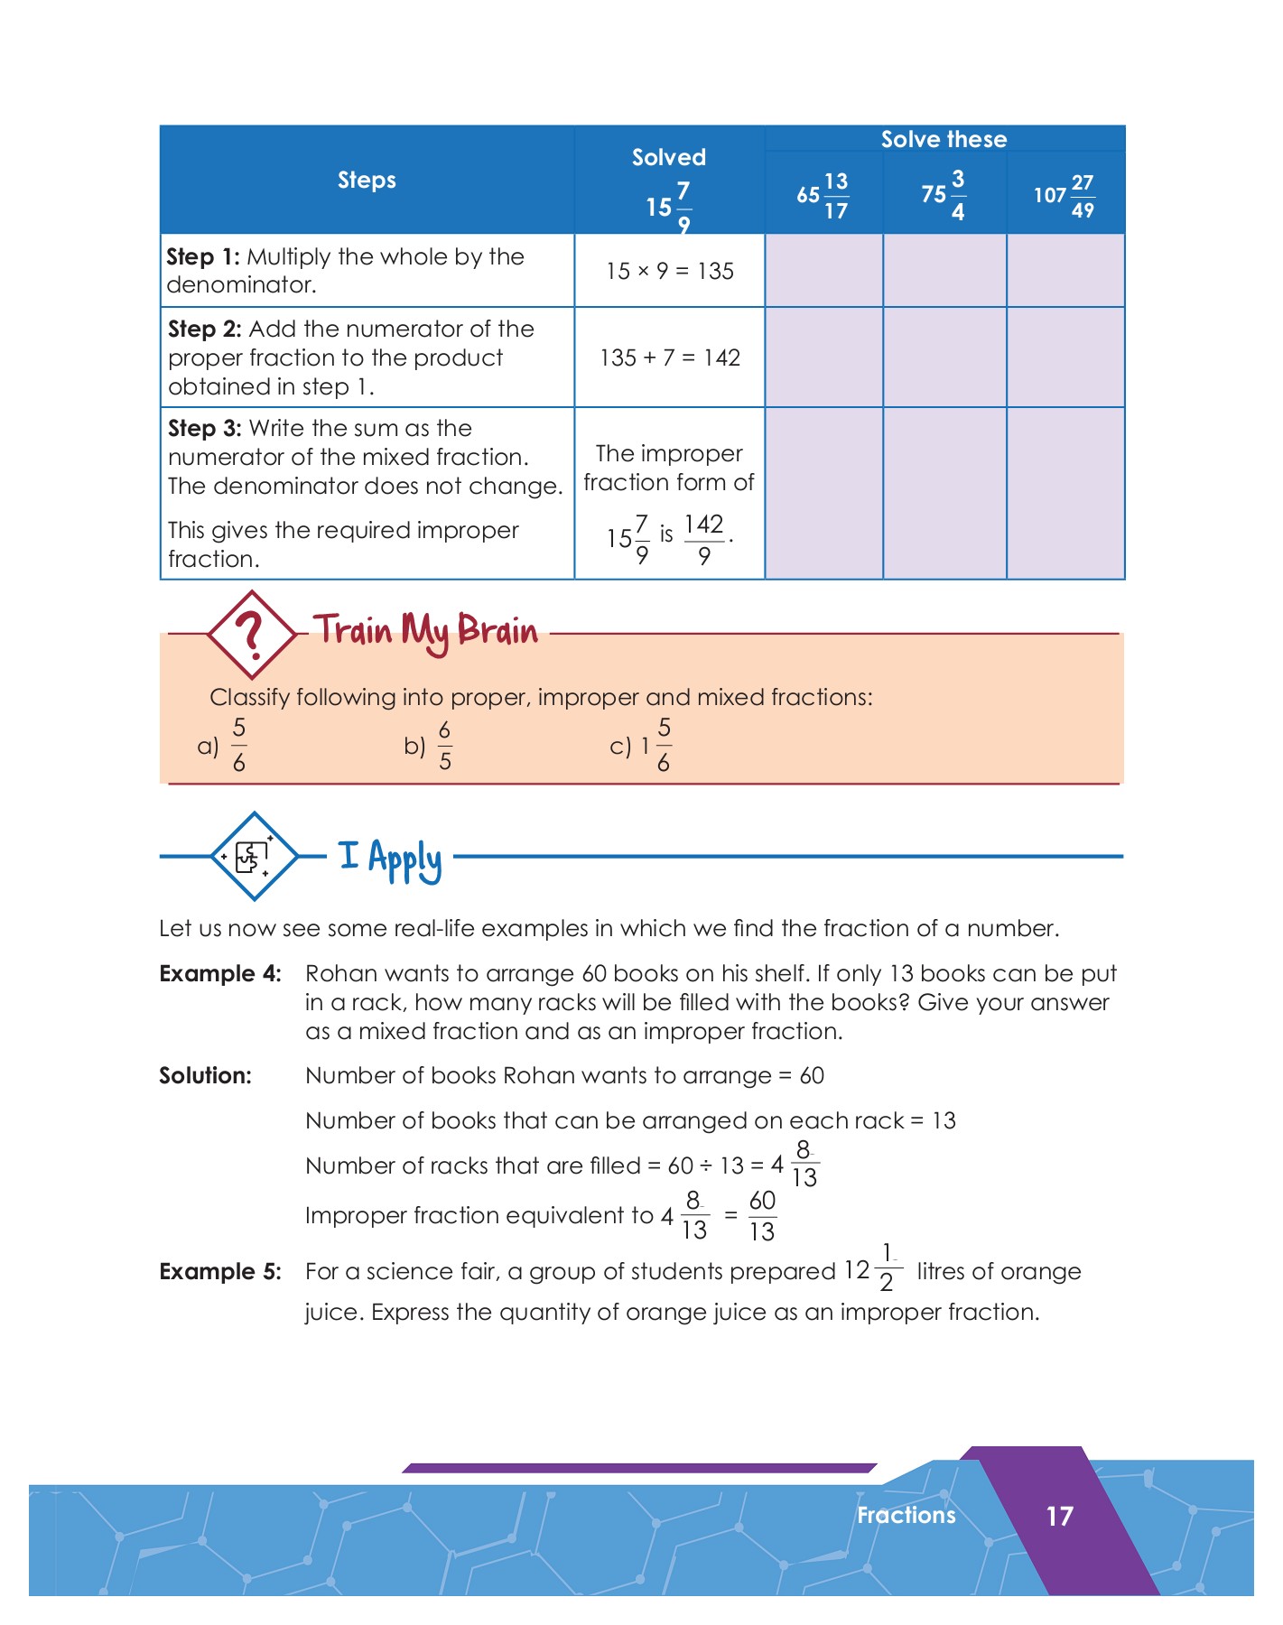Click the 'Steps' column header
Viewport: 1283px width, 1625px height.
[x=367, y=180]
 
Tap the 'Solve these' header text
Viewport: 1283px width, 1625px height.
[x=944, y=139]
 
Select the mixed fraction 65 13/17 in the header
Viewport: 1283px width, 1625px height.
[x=823, y=196]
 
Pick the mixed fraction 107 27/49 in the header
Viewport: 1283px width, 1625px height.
[x=1065, y=196]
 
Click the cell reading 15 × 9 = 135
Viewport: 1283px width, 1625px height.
[x=669, y=271]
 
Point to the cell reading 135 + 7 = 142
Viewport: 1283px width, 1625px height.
[x=669, y=357]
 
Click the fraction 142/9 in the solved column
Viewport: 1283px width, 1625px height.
[x=703, y=539]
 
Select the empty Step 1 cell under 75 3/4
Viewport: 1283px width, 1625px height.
[x=944, y=271]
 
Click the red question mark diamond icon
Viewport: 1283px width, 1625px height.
[x=252, y=634]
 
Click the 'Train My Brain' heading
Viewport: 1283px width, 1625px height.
[x=425, y=631]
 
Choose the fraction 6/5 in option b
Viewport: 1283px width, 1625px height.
[x=444, y=746]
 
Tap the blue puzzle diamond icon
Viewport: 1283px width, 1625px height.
[x=254, y=856]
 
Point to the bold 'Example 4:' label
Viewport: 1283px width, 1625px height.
[x=220, y=973]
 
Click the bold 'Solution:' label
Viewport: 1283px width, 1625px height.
[x=205, y=1075]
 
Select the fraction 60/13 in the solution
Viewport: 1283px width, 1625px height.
[x=762, y=1215]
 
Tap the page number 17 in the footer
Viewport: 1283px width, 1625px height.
[x=1059, y=1516]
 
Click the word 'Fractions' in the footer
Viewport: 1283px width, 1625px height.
[x=906, y=1515]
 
